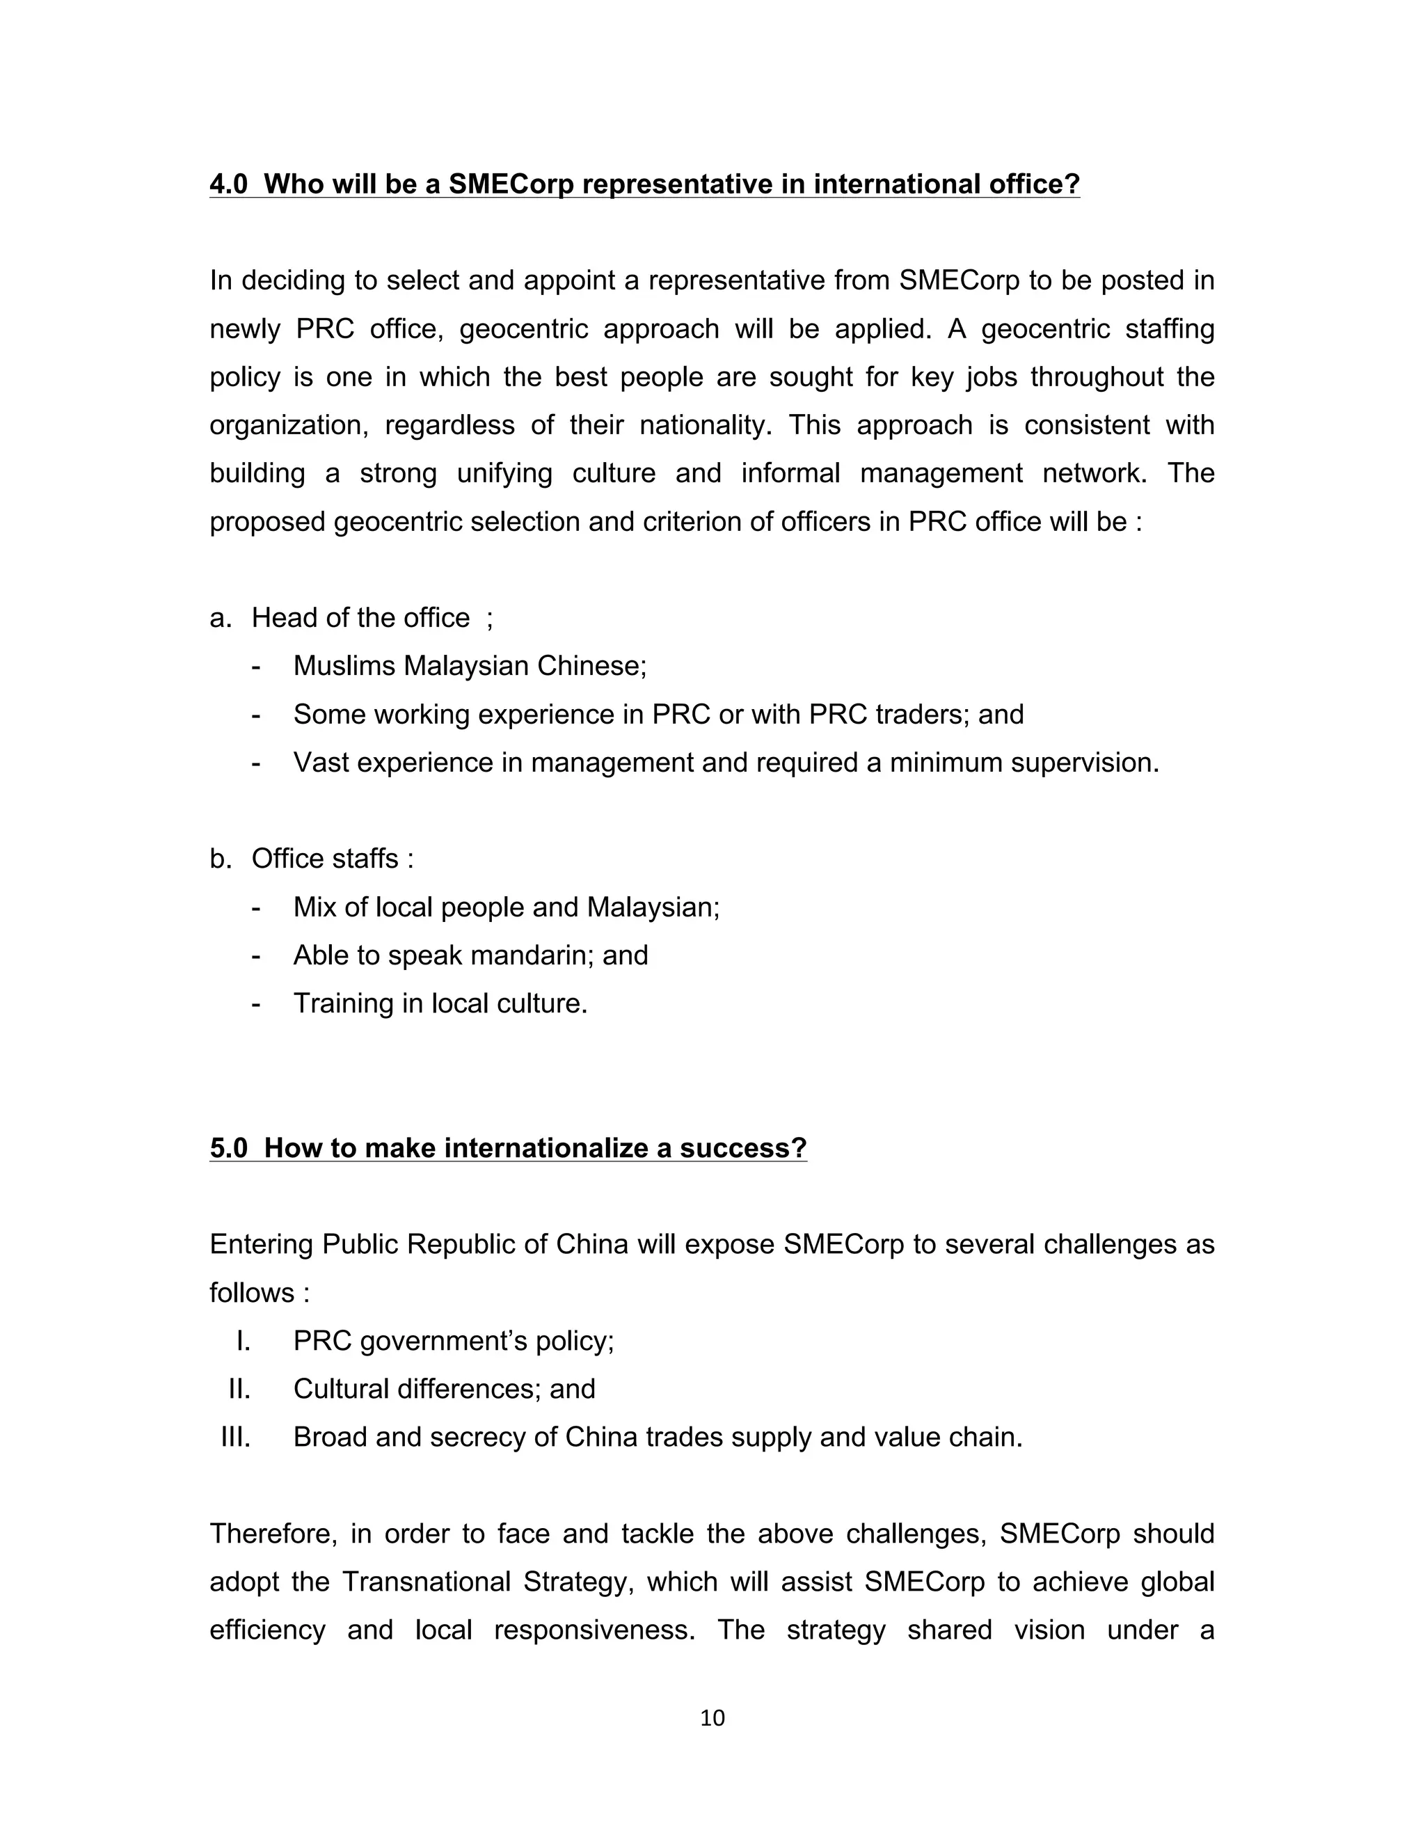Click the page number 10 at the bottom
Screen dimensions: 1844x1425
point(712,1718)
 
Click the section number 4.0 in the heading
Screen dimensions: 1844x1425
point(228,184)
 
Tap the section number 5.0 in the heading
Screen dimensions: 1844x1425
point(228,1148)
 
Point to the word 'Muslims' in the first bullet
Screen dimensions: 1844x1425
point(344,666)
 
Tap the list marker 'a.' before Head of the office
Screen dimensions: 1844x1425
point(221,618)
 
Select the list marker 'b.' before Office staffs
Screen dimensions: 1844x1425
point(221,859)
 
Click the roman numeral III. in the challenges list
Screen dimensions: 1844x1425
point(236,1437)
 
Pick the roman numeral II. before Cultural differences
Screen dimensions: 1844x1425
point(239,1389)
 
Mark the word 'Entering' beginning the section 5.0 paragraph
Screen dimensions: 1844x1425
point(262,1245)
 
